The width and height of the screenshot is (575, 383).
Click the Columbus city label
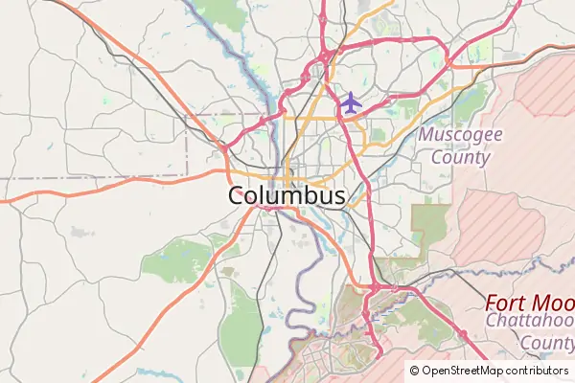coord(287,195)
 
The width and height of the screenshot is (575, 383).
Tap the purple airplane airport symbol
coord(351,101)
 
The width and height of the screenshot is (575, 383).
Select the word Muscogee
coord(460,134)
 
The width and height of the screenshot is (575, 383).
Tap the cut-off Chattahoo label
coord(529,323)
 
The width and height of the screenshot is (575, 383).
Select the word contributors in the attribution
coord(538,371)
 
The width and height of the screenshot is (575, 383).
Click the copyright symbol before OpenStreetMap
coord(414,371)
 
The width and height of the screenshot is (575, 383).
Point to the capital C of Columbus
coord(237,195)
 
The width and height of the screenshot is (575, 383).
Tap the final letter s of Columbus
coord(339,196)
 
